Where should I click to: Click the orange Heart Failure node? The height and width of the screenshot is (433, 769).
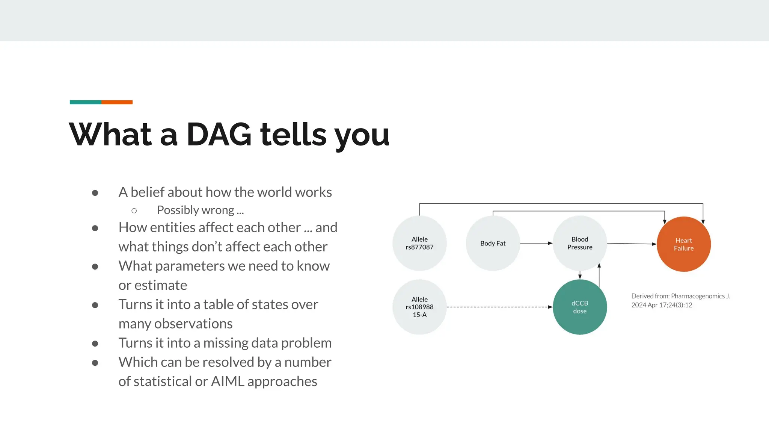(x=683, y=244)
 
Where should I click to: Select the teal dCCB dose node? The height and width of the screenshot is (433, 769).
(x=580, y=307)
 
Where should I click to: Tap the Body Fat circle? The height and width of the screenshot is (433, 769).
(x=493, y=244)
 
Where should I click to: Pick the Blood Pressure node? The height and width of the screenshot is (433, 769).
(x=580, y=243)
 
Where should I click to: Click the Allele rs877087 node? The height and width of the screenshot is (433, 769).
(x=419, y=243)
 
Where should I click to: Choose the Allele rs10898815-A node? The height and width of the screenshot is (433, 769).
(x=419, y=307)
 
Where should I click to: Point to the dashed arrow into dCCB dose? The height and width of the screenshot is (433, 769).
(x=499, y=307)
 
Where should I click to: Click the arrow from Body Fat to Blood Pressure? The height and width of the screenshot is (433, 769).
(x=536, y=243)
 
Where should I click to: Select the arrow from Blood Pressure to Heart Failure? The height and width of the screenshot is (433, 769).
(x=632, y=244)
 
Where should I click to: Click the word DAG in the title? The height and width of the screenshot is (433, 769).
(x=219, y=135)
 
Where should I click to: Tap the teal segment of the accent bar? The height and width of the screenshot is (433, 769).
(x=85, y=102)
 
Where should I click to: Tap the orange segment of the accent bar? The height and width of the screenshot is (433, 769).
(x=117, y=102)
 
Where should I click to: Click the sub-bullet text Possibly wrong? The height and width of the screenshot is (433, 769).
(x=200, y=210)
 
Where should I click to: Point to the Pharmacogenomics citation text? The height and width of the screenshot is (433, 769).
(x=680, y=300)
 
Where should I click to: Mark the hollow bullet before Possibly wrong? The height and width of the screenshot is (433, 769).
(x=134, y=211)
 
